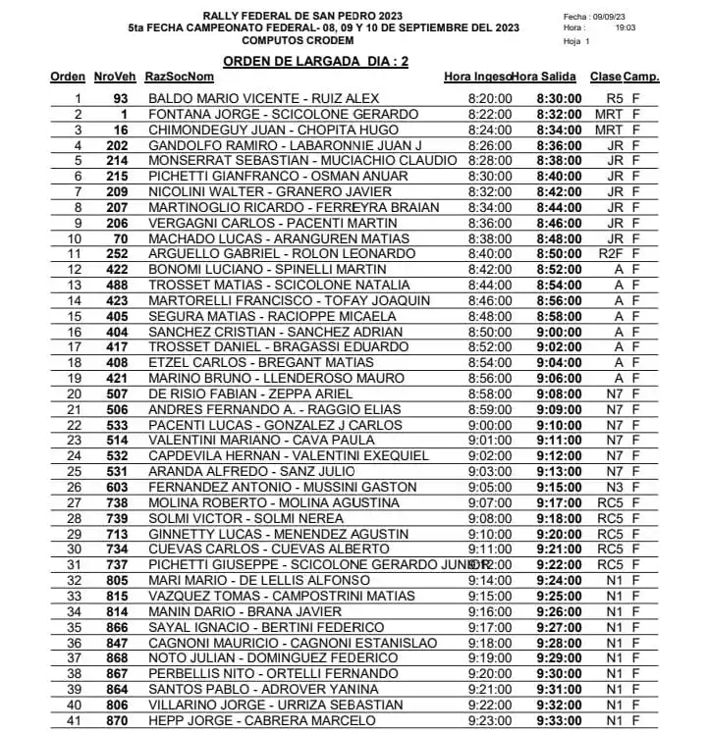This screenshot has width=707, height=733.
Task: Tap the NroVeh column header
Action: coord(115,77)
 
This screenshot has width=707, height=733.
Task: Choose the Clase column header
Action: coord(605,77)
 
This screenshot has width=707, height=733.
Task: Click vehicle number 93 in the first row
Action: coord(121,99)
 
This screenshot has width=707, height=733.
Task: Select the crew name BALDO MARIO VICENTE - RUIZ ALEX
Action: coord(263,99)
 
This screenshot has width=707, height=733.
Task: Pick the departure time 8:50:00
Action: coord(560,253)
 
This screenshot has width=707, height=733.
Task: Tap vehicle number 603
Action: coord(118,486)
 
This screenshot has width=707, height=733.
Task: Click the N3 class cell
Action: coord(615,486)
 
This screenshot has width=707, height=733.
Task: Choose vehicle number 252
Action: coord(118,253)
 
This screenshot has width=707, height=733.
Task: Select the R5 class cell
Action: coord(615,99)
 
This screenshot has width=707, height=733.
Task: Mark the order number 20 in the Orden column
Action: coord(76,393)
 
